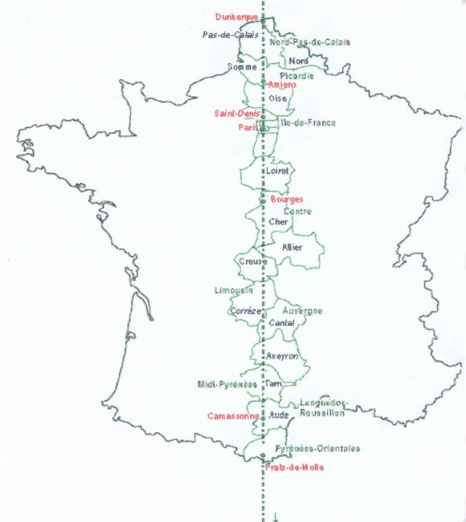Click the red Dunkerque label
[x=236, y=17]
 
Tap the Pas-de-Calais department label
[x=230, y=35]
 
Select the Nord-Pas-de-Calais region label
[x=309, y=42]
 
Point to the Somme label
[x=242, y=67]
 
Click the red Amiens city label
[x=282, y=85]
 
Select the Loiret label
[x=277, y=171]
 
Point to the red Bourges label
[x=287, y=199]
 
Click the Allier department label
[x=292, y=247]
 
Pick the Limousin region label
[x=233, y=290]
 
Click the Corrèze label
[x=246, y=311]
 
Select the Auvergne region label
[x=302, y=311]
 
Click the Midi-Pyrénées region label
[x=227, y=384]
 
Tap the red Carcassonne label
[x=233, y=416]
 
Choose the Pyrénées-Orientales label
[x=317, y=448]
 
